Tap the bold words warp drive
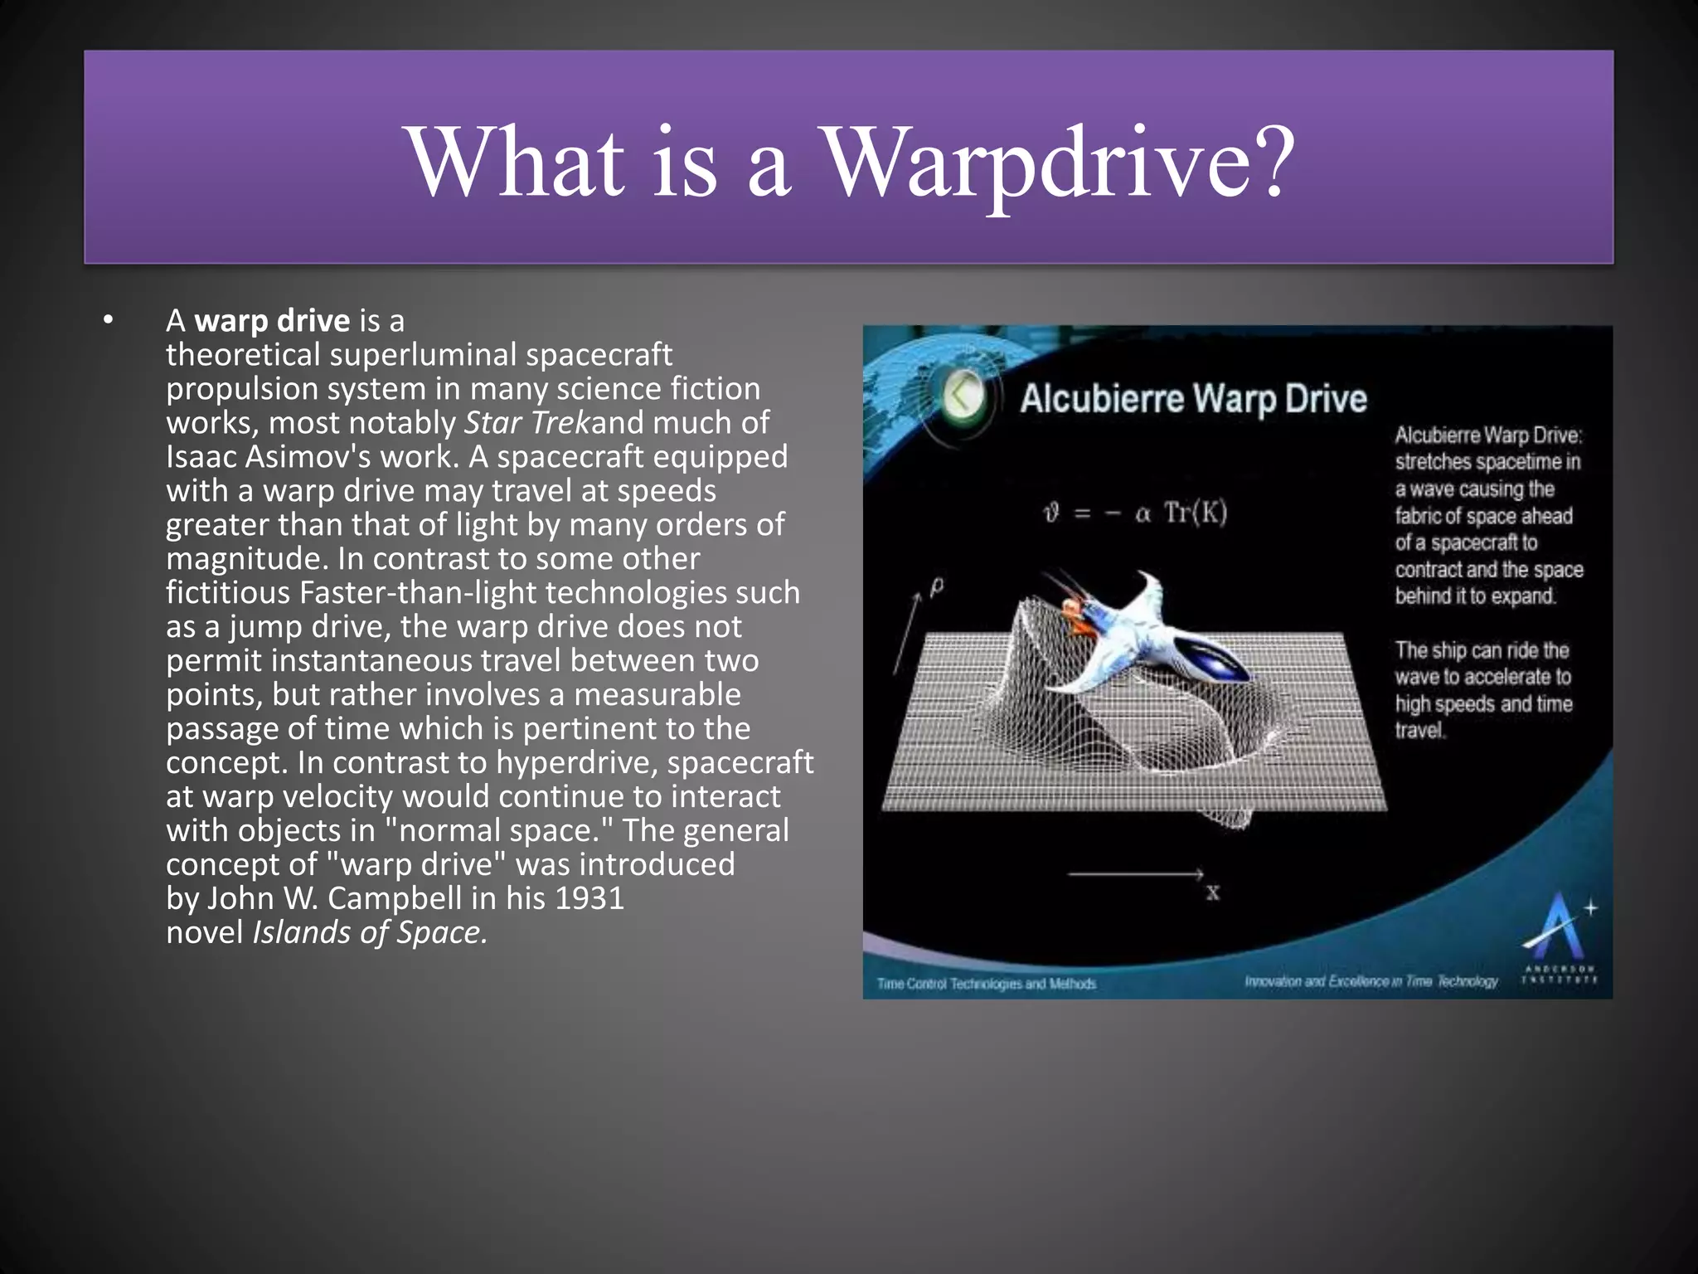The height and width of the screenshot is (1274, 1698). coord(272,321)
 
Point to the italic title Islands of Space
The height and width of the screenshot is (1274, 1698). coord(369,932)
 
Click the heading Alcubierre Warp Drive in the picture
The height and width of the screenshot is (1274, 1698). coord(1192,399)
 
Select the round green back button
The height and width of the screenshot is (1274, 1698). coord(964,395)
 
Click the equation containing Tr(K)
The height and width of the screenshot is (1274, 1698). coord(1134,513)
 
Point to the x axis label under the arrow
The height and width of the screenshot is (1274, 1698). coord(1212,893)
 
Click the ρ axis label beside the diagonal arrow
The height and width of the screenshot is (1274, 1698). coord(937,588)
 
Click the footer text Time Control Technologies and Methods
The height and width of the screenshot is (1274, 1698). coord(986,984)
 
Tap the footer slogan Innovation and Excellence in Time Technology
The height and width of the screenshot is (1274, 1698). coord(1371,982)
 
